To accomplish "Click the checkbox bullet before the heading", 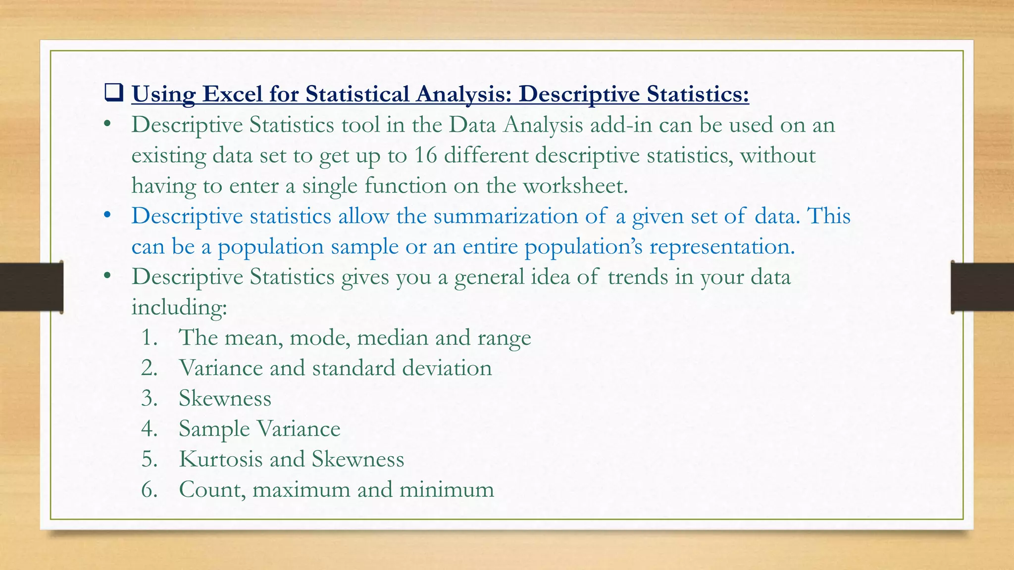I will (113, 93).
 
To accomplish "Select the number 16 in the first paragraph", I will (425, 155).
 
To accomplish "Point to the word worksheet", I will (575, 186).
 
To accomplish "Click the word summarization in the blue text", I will (506, 217).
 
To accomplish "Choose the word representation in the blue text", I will (722, 247).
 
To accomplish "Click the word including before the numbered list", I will (179, 308).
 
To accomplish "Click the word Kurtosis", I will (220, 459).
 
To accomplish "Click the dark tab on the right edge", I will (982, 287).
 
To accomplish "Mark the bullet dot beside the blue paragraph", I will (107, 216).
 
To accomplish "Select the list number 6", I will (149, 490).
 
